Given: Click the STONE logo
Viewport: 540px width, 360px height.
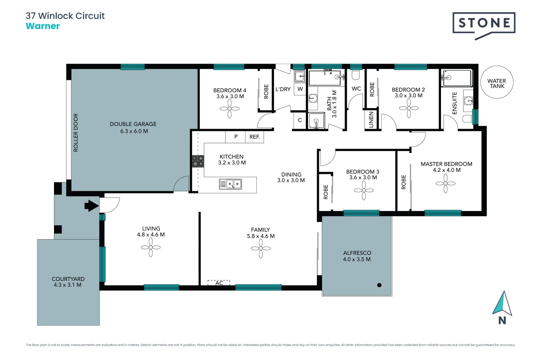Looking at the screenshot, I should click(484, 23).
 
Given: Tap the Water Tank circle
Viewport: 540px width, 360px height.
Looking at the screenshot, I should click(497, 82).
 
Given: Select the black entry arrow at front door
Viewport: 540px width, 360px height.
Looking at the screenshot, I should click(91, 206).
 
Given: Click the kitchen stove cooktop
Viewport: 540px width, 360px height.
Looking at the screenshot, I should click(198, 161).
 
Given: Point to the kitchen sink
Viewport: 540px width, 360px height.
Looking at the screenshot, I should click(230, 184).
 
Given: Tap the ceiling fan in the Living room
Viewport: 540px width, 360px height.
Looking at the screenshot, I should click(151, 247).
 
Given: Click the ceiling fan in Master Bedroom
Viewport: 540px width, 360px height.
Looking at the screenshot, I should click(445, 183).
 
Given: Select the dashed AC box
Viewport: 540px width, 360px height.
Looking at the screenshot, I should click(219, 283).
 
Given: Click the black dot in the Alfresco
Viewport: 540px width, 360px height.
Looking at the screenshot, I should click(379, 285).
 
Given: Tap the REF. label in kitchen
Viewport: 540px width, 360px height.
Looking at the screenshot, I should click(255, 137).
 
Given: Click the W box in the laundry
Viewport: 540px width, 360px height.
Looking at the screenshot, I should click(300, 89).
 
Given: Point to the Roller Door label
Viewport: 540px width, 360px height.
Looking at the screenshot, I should click(76, 133).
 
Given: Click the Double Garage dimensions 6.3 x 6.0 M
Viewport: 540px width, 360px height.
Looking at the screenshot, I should click(134, 131).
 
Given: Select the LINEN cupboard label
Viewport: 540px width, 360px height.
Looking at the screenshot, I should click(371, 119).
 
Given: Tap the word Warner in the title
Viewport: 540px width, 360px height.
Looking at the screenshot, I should click(43, 26).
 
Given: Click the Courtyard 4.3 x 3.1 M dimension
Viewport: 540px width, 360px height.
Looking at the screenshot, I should click(68, 285).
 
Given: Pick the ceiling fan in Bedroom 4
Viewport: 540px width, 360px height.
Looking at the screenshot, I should click(229, 109).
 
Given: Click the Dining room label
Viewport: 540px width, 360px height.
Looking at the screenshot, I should click(291, 174).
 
